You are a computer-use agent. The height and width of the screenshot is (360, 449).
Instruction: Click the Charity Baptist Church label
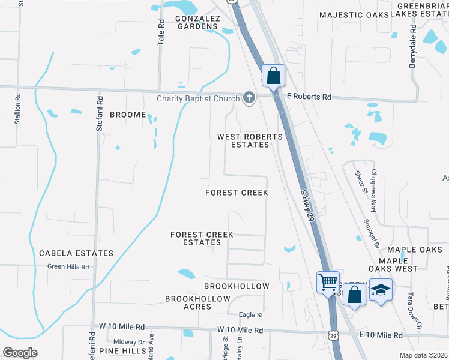pos(198,99)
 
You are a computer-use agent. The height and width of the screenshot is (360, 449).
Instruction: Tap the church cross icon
pos(249,98)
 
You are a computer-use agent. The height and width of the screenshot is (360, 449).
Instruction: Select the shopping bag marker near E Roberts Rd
pos(273,76)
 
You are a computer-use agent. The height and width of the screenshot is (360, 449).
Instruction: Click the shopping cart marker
pos(328,281)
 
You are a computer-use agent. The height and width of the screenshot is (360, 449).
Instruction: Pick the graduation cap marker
pos(381,290)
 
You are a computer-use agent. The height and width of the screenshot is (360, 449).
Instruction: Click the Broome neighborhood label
pos(128,115)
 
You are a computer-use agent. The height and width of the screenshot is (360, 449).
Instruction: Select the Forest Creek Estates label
pos(196,238)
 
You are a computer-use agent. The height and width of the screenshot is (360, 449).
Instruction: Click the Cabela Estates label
pos(76,253)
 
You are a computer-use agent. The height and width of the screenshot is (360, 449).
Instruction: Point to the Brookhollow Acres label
pos(197,302)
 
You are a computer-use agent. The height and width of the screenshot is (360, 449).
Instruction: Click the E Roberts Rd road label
pos(309,97)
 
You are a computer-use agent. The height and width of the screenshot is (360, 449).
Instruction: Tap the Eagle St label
pos(251,314)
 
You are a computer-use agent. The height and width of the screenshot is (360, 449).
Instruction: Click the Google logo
pos(20,353)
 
